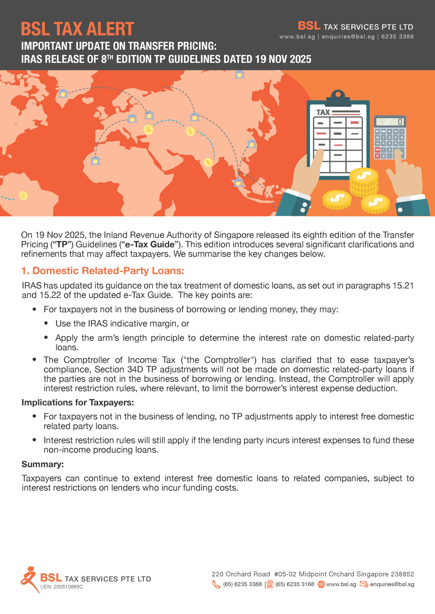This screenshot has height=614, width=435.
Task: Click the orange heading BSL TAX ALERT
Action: [x=77, y=29]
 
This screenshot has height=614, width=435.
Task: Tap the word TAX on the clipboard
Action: [x=323, y=112]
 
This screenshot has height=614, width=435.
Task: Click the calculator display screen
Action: [x=390, y=122]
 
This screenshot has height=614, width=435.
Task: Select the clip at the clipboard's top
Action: [x=338, y=98]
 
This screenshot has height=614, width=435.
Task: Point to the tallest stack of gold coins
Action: [x=363, y=182]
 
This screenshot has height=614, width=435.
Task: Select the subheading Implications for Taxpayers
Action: [x=78, y=402]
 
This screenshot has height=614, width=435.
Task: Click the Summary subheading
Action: [x=43, y=464]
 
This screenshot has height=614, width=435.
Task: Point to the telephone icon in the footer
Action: [x=216, y=584]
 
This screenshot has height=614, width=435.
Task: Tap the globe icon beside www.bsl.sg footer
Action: [x=321, y=584]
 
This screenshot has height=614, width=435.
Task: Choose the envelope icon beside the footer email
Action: [x=364, y=584]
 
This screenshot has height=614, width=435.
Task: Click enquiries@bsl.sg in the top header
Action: [x=348, y=37]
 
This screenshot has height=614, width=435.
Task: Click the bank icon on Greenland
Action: [x=63, y=93]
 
